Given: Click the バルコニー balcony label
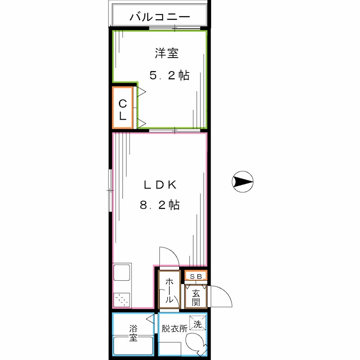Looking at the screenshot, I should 160,18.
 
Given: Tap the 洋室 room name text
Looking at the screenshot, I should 166,54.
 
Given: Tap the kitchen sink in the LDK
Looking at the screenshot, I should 121,273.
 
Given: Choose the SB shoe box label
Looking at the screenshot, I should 195,276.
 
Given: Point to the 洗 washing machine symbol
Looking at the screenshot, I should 198,323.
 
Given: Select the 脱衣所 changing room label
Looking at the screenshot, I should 174,328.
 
